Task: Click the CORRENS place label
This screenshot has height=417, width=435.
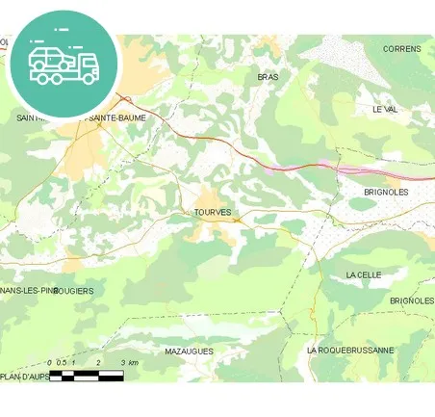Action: [401, 49]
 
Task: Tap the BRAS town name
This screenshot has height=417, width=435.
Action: [268, 76]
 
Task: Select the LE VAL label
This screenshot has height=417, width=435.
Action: [384, 110]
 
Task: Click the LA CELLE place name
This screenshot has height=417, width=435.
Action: [363, 275]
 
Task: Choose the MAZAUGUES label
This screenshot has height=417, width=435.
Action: [189, 352]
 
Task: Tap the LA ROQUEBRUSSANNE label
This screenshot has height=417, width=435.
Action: [349, 351]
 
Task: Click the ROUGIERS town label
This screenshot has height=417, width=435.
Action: [75, 290]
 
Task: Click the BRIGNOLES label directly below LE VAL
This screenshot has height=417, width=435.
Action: [386, 193]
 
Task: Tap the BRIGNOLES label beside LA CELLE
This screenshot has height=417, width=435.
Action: [412, 300]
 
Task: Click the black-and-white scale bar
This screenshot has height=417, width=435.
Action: [87, 376]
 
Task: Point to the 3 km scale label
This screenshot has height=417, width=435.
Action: [129, 363]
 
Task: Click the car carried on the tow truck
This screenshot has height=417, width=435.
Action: [49, 59]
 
